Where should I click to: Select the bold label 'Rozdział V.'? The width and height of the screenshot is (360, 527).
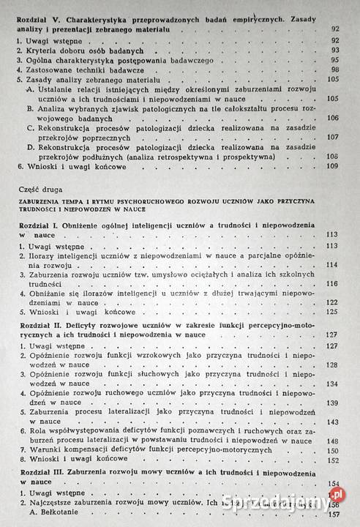click(39, 13)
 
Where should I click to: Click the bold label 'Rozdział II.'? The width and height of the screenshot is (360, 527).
click(40, 323)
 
